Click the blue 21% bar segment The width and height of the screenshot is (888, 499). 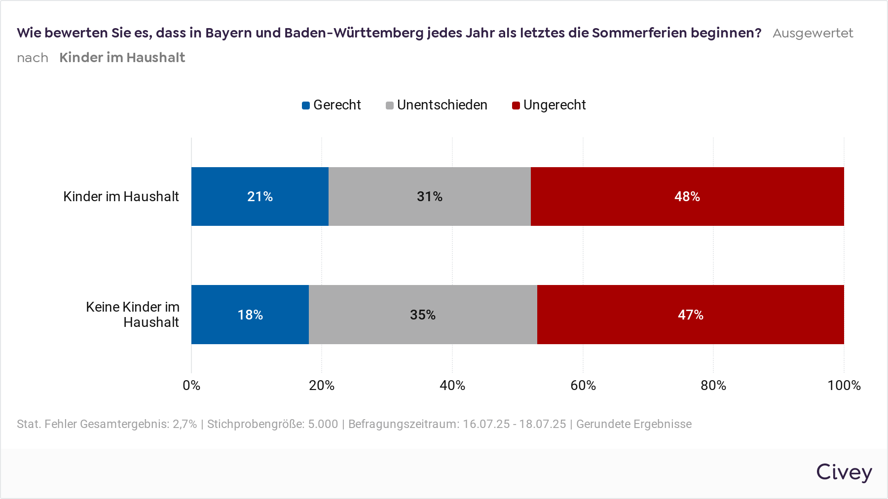tap(260, 196)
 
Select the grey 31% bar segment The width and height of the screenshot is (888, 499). tap(429, 196)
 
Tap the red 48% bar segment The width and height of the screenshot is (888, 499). tap(687, 196)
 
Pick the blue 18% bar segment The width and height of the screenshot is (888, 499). tap(250, 315)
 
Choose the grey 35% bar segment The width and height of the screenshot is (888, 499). tap(423, 315)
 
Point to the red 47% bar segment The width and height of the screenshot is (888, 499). tap(690, 315)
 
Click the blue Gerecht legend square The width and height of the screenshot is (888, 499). tap(306, 106)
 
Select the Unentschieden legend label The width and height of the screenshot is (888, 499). tap(442, 105)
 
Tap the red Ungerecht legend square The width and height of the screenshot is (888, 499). tap(516, 106)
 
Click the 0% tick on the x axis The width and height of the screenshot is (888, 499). tap(191, 385)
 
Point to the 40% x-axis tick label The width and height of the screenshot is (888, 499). tap(452, 385)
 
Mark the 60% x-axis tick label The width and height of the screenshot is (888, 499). tap(583, 385)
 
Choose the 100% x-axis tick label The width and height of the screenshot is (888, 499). tap(844, 385)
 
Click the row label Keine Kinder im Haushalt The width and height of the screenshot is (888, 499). tap(133, 314)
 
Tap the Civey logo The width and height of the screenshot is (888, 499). tap(844, 472)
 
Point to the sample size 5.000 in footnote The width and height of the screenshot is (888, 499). tap(323, 424)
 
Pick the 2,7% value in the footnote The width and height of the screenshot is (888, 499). tap(185, 424)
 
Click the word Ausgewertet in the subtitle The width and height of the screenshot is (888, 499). tap(813, 33)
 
